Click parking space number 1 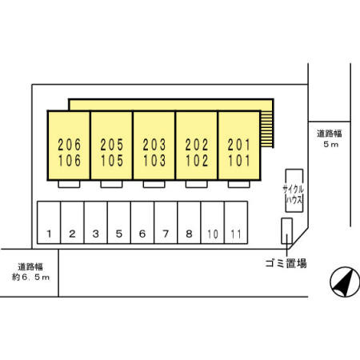pos(49,222)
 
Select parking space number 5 pos(119,222)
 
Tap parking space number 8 pos(189,222)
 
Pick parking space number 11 pos(236,222)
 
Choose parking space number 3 pos(96,222)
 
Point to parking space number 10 pos(213,222)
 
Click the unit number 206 pos(70,145)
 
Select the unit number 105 pos(112,161)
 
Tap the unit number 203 pos(154,145)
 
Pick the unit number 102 pos(197,161)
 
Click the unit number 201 pos(239,145)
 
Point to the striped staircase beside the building pos(267,129)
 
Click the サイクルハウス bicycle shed pos(294,190)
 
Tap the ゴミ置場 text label pos(286,263)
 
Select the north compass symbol pos(345,282)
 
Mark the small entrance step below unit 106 pos(69,184)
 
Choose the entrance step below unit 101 pos(239,184)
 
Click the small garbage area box pos(286,231)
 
